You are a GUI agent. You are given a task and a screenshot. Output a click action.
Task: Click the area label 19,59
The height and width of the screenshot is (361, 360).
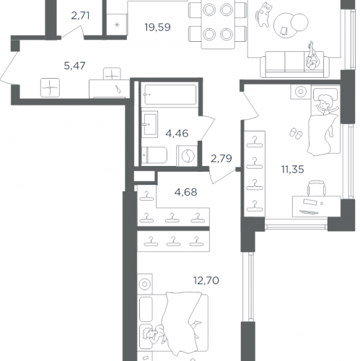click(157, 27)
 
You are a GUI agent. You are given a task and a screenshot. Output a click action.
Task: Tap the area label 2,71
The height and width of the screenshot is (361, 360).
click(80, 16)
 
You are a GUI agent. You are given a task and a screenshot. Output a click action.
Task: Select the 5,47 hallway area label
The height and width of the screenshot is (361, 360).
click(74, 66)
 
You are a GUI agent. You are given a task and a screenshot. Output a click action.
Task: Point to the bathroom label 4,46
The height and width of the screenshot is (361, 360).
click(177, 134)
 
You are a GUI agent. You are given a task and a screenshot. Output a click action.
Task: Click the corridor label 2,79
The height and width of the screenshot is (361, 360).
click(221, 158)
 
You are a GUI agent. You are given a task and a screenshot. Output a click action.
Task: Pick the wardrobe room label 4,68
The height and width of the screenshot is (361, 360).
click(185, 192)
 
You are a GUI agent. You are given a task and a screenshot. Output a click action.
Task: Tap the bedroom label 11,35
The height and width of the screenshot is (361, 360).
click(293, 170)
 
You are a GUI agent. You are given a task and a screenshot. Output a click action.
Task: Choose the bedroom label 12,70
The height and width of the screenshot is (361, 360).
click(206, 280)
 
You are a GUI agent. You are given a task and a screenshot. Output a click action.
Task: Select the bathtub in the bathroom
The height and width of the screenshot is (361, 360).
click(170, 95)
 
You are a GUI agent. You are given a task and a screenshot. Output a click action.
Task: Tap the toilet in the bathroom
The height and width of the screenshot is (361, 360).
click(154, 155)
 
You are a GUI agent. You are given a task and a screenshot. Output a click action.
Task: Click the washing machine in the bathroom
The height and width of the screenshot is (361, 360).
click(188, 156)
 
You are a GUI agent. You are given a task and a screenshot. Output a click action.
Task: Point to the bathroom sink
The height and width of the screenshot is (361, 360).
click(149, 124)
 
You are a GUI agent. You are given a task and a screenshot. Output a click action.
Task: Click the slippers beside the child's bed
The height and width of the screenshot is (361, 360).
click(296, 133)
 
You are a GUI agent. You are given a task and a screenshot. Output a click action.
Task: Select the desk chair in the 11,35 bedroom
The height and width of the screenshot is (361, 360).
click(317, 188)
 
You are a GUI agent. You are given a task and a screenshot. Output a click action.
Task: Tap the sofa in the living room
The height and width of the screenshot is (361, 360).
click(295, 64)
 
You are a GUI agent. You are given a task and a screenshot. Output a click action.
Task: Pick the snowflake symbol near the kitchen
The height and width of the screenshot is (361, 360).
click(117, 25)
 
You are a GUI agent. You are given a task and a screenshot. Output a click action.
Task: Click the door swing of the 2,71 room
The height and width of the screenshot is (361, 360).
click(72, 30)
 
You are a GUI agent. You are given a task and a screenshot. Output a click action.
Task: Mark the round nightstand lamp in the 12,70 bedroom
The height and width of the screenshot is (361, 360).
click(144, 284)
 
